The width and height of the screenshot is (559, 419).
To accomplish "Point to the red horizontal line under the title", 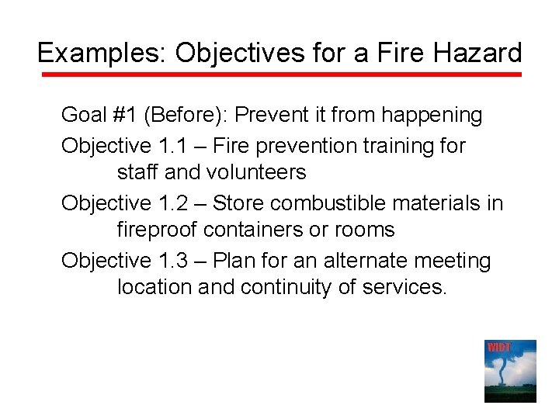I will (x=279, y=75).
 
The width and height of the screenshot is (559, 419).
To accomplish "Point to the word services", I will (x=405, y=287).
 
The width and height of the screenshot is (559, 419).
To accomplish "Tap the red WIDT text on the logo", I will (x=499, y=347).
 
